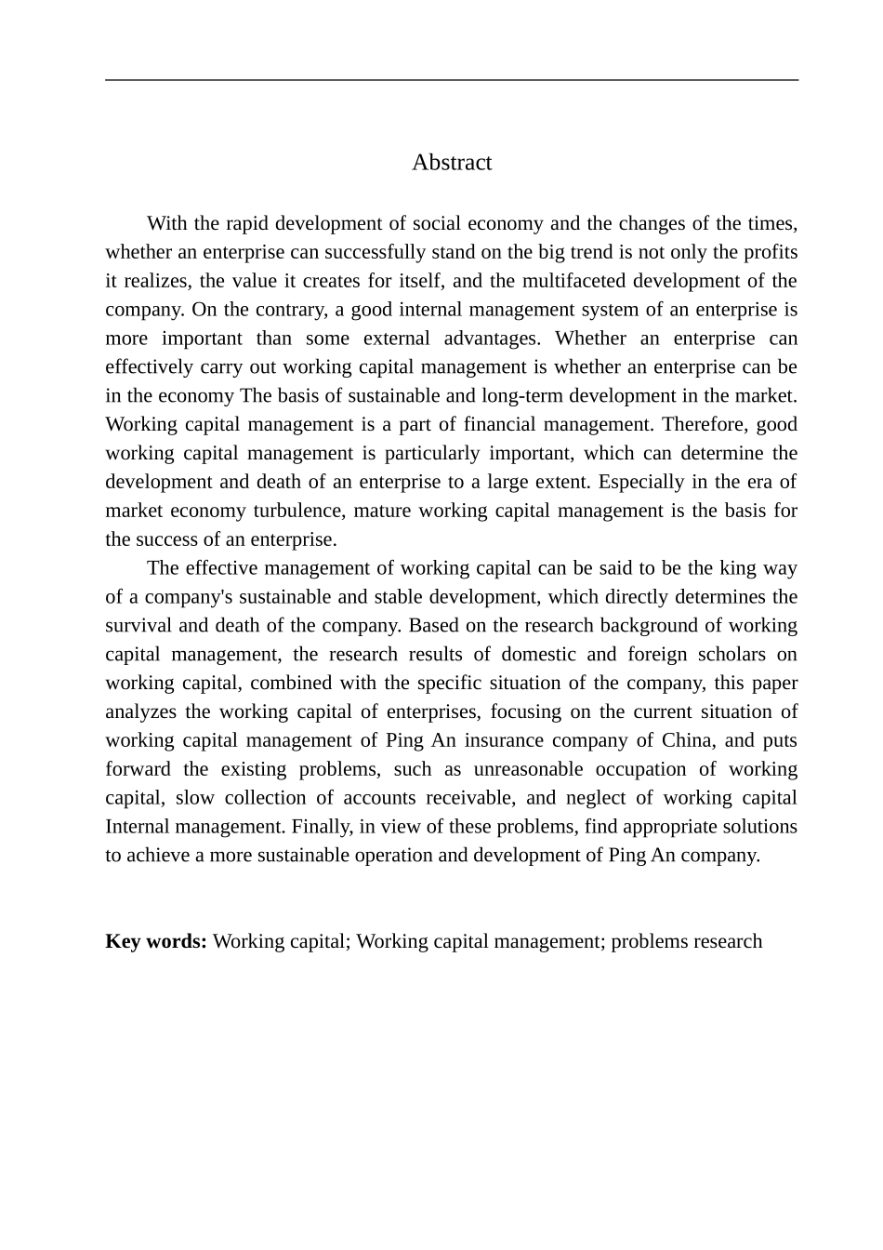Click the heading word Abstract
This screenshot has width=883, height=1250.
coord(452,163)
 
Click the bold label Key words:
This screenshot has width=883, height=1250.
coord(156,941)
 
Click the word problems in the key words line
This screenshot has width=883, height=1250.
coord(648,941)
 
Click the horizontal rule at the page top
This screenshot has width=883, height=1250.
coord(452,80)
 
